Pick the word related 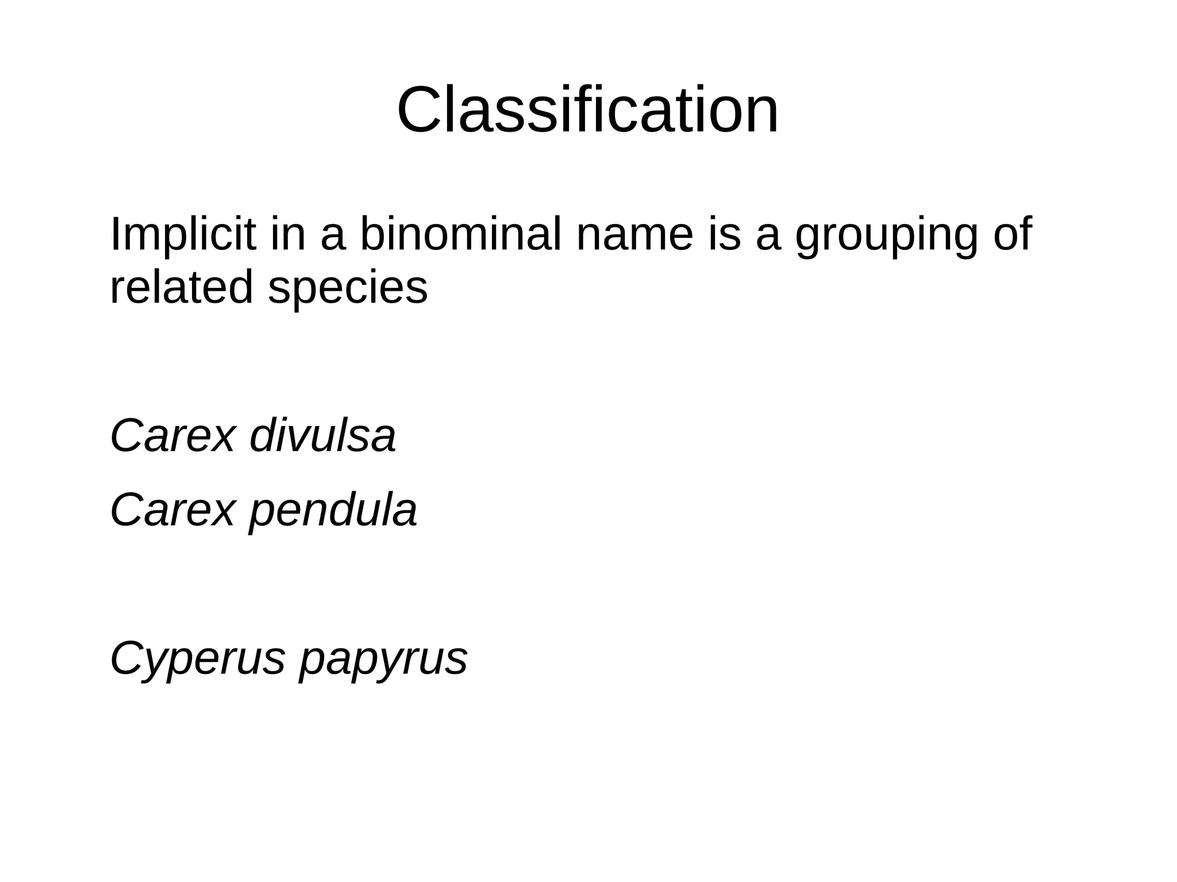point(181,287)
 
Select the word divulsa point(323,436)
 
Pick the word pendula point(333,510)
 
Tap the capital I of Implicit point(114,234)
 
